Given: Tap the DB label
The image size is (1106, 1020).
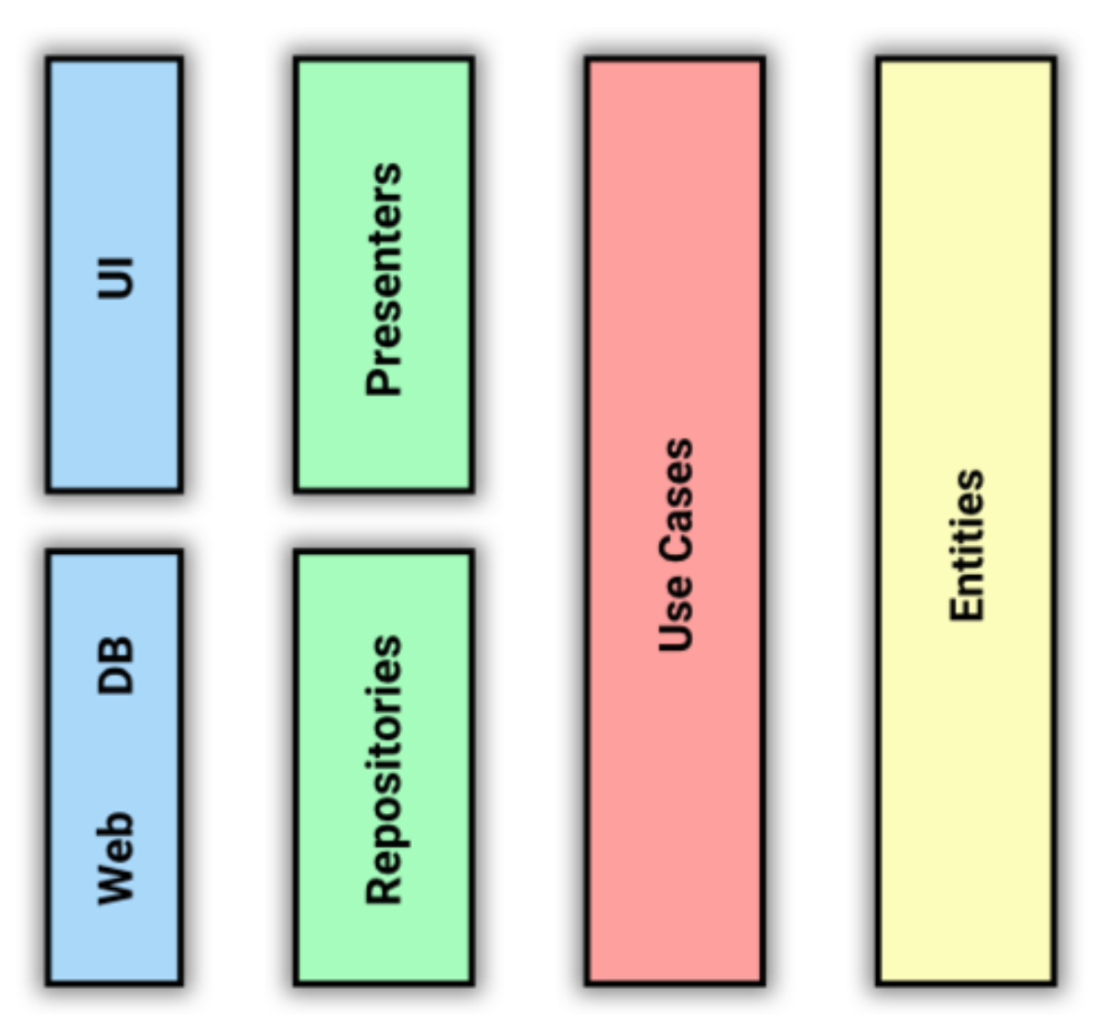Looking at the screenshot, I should (x=115, y=666).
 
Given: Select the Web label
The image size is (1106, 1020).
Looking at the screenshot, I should (x=115, y=858).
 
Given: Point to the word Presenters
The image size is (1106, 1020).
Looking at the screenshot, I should (x=384, y=278).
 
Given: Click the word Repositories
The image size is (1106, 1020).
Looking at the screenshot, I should (x=384, y=769).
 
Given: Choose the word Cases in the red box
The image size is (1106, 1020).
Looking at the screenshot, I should (x=676, y=499).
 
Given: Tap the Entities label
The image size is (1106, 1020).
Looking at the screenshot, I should (x=967, y=546).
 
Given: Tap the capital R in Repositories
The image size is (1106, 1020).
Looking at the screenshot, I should (x=384, y=891).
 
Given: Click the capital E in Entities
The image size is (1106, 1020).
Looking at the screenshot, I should (x=966, y=610).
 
